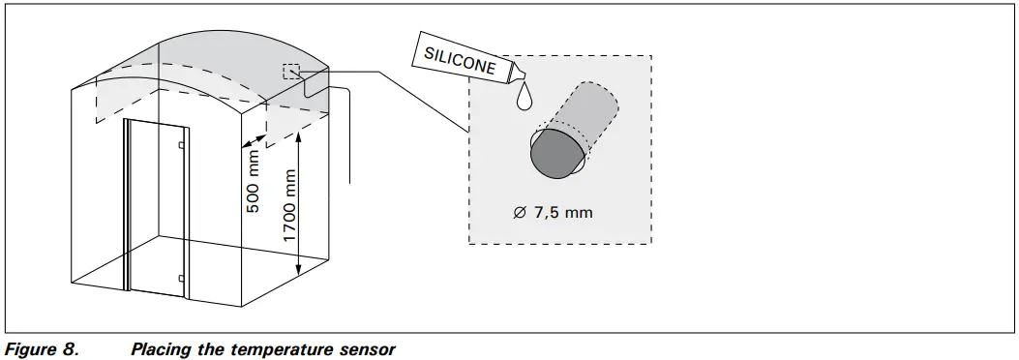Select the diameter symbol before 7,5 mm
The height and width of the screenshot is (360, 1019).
tap(520, 212)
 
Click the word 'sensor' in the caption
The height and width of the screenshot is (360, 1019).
tap(367, 349)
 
